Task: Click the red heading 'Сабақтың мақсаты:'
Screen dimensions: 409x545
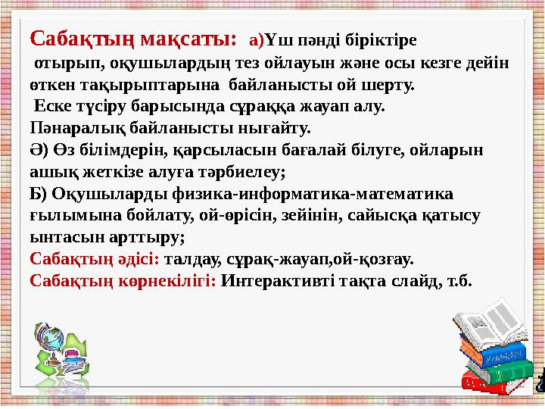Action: [133, 37]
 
